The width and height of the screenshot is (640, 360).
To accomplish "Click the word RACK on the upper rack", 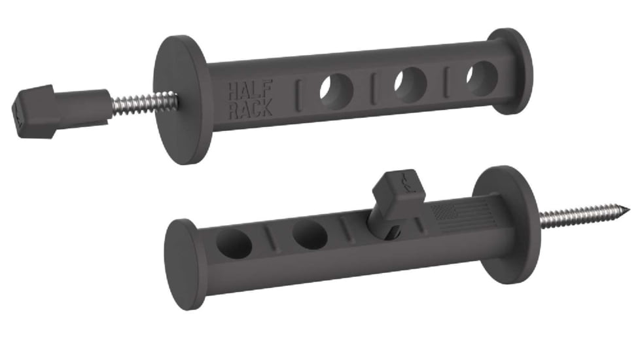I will tap(250, 109).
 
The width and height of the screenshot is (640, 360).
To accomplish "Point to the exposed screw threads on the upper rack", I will tap(145, 103).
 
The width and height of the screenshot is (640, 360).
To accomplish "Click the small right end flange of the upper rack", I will tap(510, 71).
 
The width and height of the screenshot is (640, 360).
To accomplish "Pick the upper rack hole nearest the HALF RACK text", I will tap(336, 88).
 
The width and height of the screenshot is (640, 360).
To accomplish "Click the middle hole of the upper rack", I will tap(410, 82).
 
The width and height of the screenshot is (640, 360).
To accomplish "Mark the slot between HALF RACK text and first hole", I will tap(298, 94).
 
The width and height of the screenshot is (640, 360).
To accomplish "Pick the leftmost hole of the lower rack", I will tap(235, 244).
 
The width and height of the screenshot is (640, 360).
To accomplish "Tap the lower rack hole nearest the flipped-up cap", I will tap(310, 235).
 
